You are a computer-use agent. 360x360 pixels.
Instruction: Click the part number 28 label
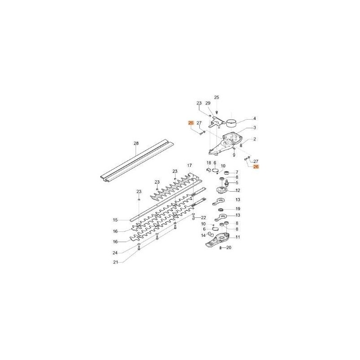pos(136,144)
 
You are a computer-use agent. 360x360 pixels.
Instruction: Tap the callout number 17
pos(189,165)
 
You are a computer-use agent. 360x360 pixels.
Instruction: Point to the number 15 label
pos(115,220)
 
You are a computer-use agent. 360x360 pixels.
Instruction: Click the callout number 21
pos(116,262)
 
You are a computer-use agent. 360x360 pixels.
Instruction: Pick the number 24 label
pos(115,253)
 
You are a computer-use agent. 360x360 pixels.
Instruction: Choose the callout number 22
pos(203,218)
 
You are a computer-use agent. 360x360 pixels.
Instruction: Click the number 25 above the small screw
pos(216,97)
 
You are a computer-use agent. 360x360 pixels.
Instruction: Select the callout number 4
pos(255,118)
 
